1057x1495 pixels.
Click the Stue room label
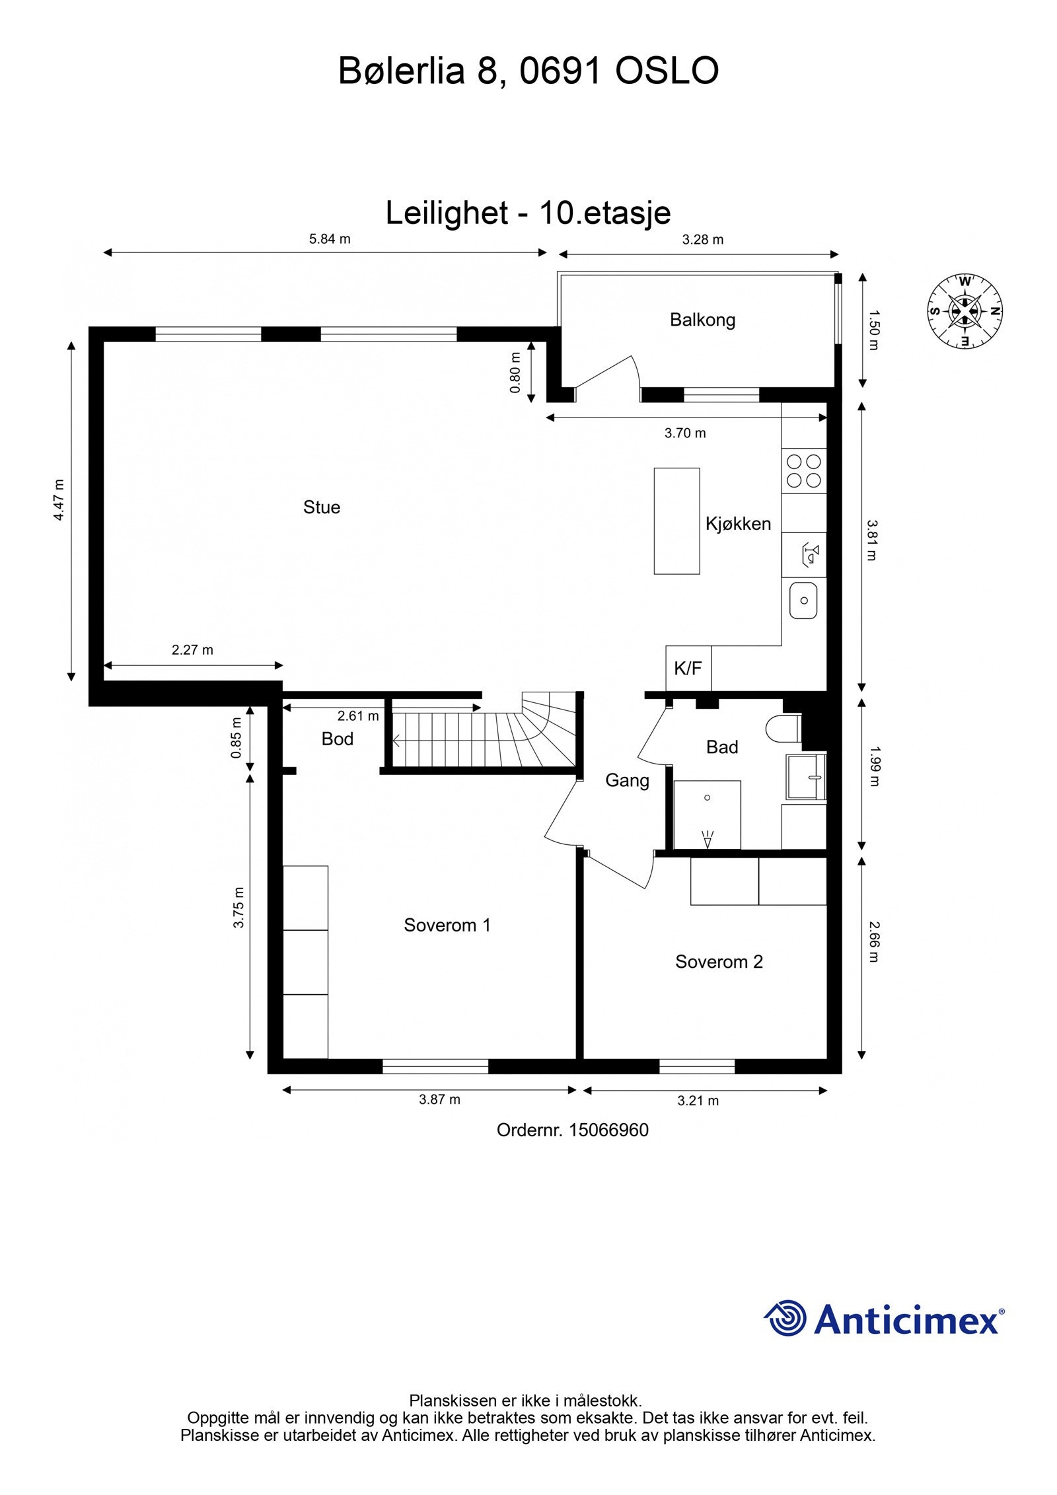(x=322, y=507)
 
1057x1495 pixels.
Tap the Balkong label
(x=702, y=320)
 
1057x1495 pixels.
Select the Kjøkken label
(x=738, y=524)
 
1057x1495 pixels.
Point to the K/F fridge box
(x=688, y=668)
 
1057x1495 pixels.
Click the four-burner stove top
(x=804, y=471)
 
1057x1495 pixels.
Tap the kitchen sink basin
(x=803, y=601)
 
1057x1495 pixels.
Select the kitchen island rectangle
(x=676, y=521)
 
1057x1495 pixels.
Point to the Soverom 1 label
(x=447, y=925)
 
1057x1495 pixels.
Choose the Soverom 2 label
(x=719, y=962)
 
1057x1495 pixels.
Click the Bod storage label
(x=337, y=739)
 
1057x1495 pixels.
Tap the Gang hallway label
(x=627, y=781)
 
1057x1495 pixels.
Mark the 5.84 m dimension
(x=330, y=239)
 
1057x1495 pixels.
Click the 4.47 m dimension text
(x=59, y=499)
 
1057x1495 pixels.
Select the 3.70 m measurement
(x=685, y=433)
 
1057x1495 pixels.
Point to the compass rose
(x=965, y=311)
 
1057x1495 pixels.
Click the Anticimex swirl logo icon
(x=785, y=1319)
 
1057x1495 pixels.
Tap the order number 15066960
(x=608, y=1130)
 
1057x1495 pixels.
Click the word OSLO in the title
(x=667, y=71)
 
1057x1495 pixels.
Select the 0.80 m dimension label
(x=515, y=373)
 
